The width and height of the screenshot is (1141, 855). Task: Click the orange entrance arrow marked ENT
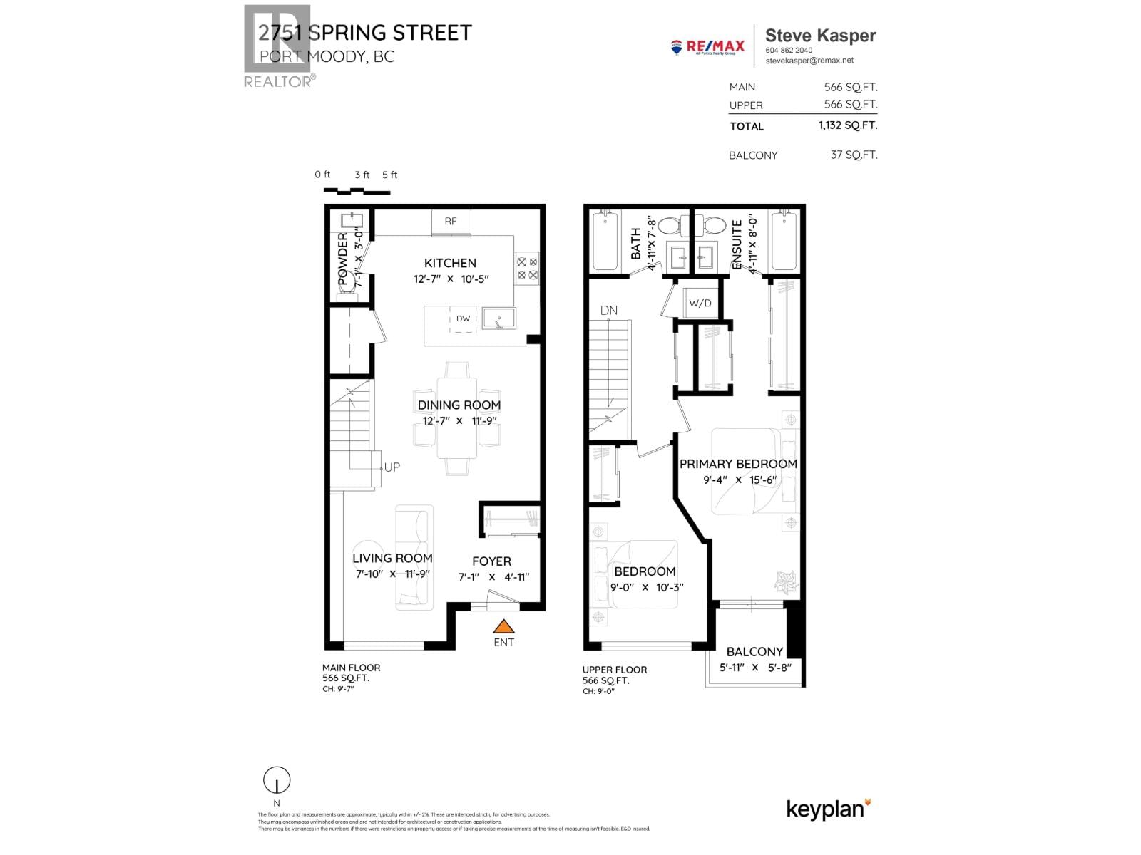[x=504, y=626]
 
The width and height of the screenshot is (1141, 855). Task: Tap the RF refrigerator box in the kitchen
[x=451, y=222]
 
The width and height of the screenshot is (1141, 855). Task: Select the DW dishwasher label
[x=464, y=318]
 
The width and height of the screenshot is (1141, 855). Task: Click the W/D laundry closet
[x=700, y=303]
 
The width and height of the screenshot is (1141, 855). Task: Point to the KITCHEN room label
[x=450, y=263]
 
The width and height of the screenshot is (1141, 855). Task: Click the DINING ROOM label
[x=459, y=405]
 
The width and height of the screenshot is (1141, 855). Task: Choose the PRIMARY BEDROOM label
[x=738, y=464]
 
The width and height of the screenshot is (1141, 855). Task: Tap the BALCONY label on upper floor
[x=754, y=651]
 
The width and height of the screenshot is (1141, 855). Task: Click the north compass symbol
[x=277, y=779]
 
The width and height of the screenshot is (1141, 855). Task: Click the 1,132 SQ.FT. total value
[x=847, y=125]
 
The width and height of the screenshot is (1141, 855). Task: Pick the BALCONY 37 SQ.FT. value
[x=854, y=155]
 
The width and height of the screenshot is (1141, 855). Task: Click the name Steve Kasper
[x=820, y=36]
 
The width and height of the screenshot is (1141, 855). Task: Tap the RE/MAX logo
[x=707, y=47]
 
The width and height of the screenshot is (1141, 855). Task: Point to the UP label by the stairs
[x=392, y=467]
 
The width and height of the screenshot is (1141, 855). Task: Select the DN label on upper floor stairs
[x=609, y=311]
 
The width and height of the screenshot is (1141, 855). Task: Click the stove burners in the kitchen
[x=527, y=268]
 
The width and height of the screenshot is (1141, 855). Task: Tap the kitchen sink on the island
[x=498, y=318]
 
